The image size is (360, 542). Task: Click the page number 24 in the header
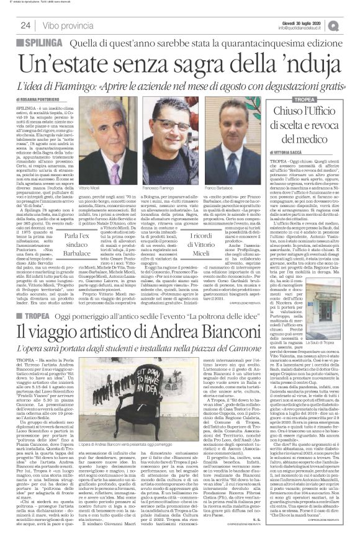tap(26, 24)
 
